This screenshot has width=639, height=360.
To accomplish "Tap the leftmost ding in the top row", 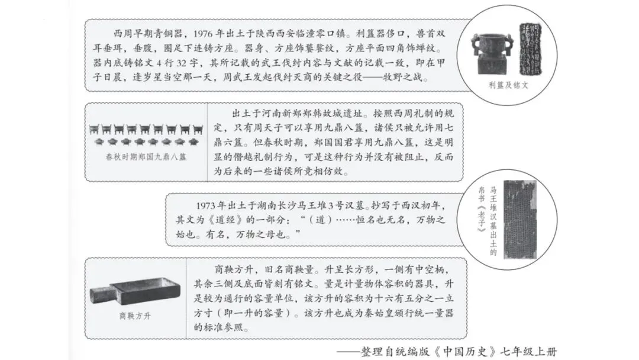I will (95, 128).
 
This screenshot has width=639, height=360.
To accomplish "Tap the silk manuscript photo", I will (519, 219).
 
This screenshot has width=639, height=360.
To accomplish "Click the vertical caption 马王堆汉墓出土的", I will (493, 223).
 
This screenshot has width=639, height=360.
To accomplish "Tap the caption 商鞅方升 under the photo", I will (135, 316).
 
